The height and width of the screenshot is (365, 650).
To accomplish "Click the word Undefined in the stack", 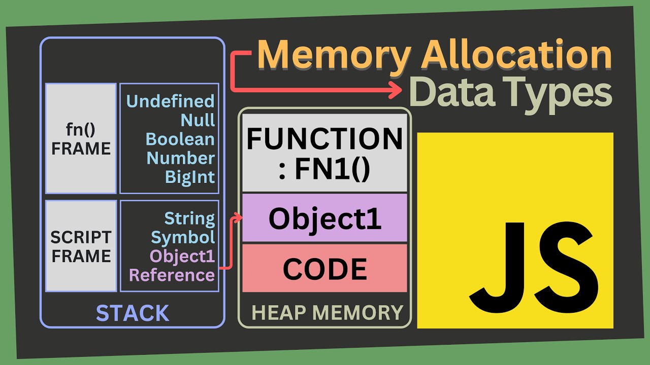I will pos(170,101).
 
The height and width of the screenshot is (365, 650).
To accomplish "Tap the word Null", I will pos(198,121).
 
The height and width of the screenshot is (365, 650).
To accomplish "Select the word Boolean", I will pos(180,139).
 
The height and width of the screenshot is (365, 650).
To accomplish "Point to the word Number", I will pos(180,158).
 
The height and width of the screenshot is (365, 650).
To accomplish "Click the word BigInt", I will pos(189,177).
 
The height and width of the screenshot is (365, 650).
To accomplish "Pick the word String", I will pos(189,219).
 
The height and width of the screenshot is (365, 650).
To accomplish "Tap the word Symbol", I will pos(183,237).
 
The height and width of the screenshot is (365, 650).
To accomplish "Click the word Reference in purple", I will pos(172,275).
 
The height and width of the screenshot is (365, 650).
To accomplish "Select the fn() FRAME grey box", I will pos(81,139).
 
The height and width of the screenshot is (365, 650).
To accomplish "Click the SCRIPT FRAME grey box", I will pos(81,246).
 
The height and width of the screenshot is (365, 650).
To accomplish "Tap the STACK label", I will pos(133,313).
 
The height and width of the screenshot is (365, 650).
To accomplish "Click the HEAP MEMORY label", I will pos(327,313).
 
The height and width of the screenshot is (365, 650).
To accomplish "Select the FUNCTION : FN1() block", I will pos(324,153).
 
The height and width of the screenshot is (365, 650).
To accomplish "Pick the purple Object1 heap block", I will pos(324,218).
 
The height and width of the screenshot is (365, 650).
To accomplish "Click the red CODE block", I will pos(324,269).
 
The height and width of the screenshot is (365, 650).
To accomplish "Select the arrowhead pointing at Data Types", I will pos(394,91).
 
